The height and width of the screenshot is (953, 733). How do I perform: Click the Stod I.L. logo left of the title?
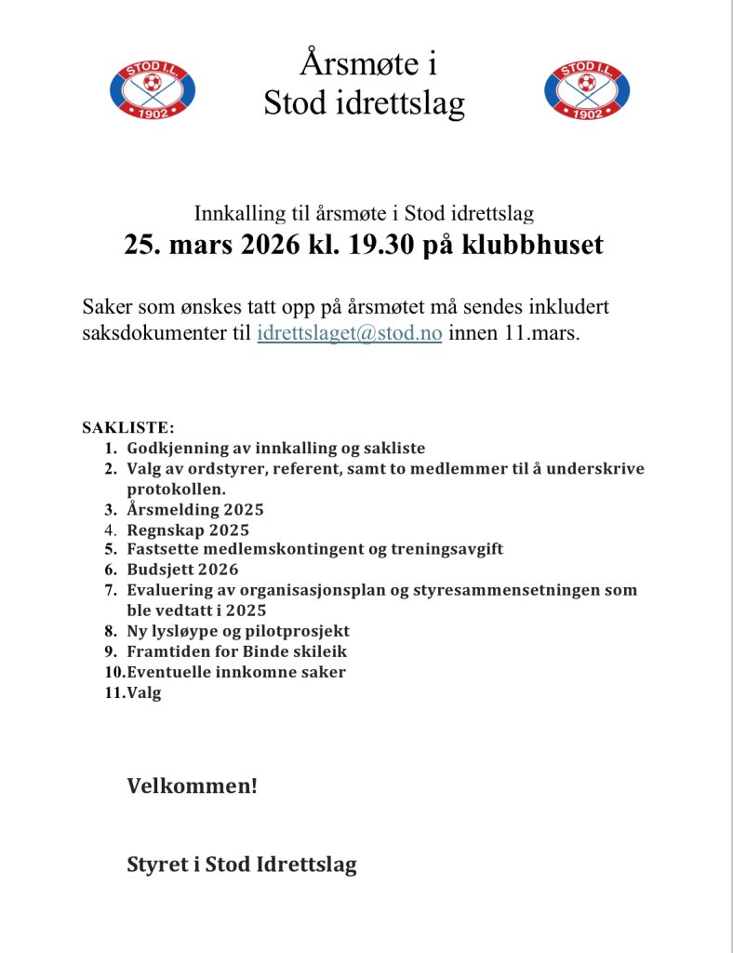coord(153,89)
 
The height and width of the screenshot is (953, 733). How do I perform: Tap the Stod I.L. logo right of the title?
coord(586,89)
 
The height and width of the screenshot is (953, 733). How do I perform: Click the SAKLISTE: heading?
coord(128,428)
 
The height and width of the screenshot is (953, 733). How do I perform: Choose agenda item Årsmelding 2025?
coord(195,509)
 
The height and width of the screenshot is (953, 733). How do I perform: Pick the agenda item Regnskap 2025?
coord(188,530)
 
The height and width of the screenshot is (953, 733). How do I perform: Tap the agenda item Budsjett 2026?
coord(182,570)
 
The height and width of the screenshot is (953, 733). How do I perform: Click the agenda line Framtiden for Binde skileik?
coord(236,651)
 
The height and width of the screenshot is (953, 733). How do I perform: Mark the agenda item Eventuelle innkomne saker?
coord(236,672)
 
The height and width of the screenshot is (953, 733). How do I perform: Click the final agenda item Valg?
coord(144,692)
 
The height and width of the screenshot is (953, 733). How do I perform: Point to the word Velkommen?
coord(192,786)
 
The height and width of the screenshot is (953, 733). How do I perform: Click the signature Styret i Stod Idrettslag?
coord(242,865)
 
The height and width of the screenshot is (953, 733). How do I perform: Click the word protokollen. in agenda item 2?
coord(177,489)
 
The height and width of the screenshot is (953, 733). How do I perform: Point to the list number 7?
coord(110,590)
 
